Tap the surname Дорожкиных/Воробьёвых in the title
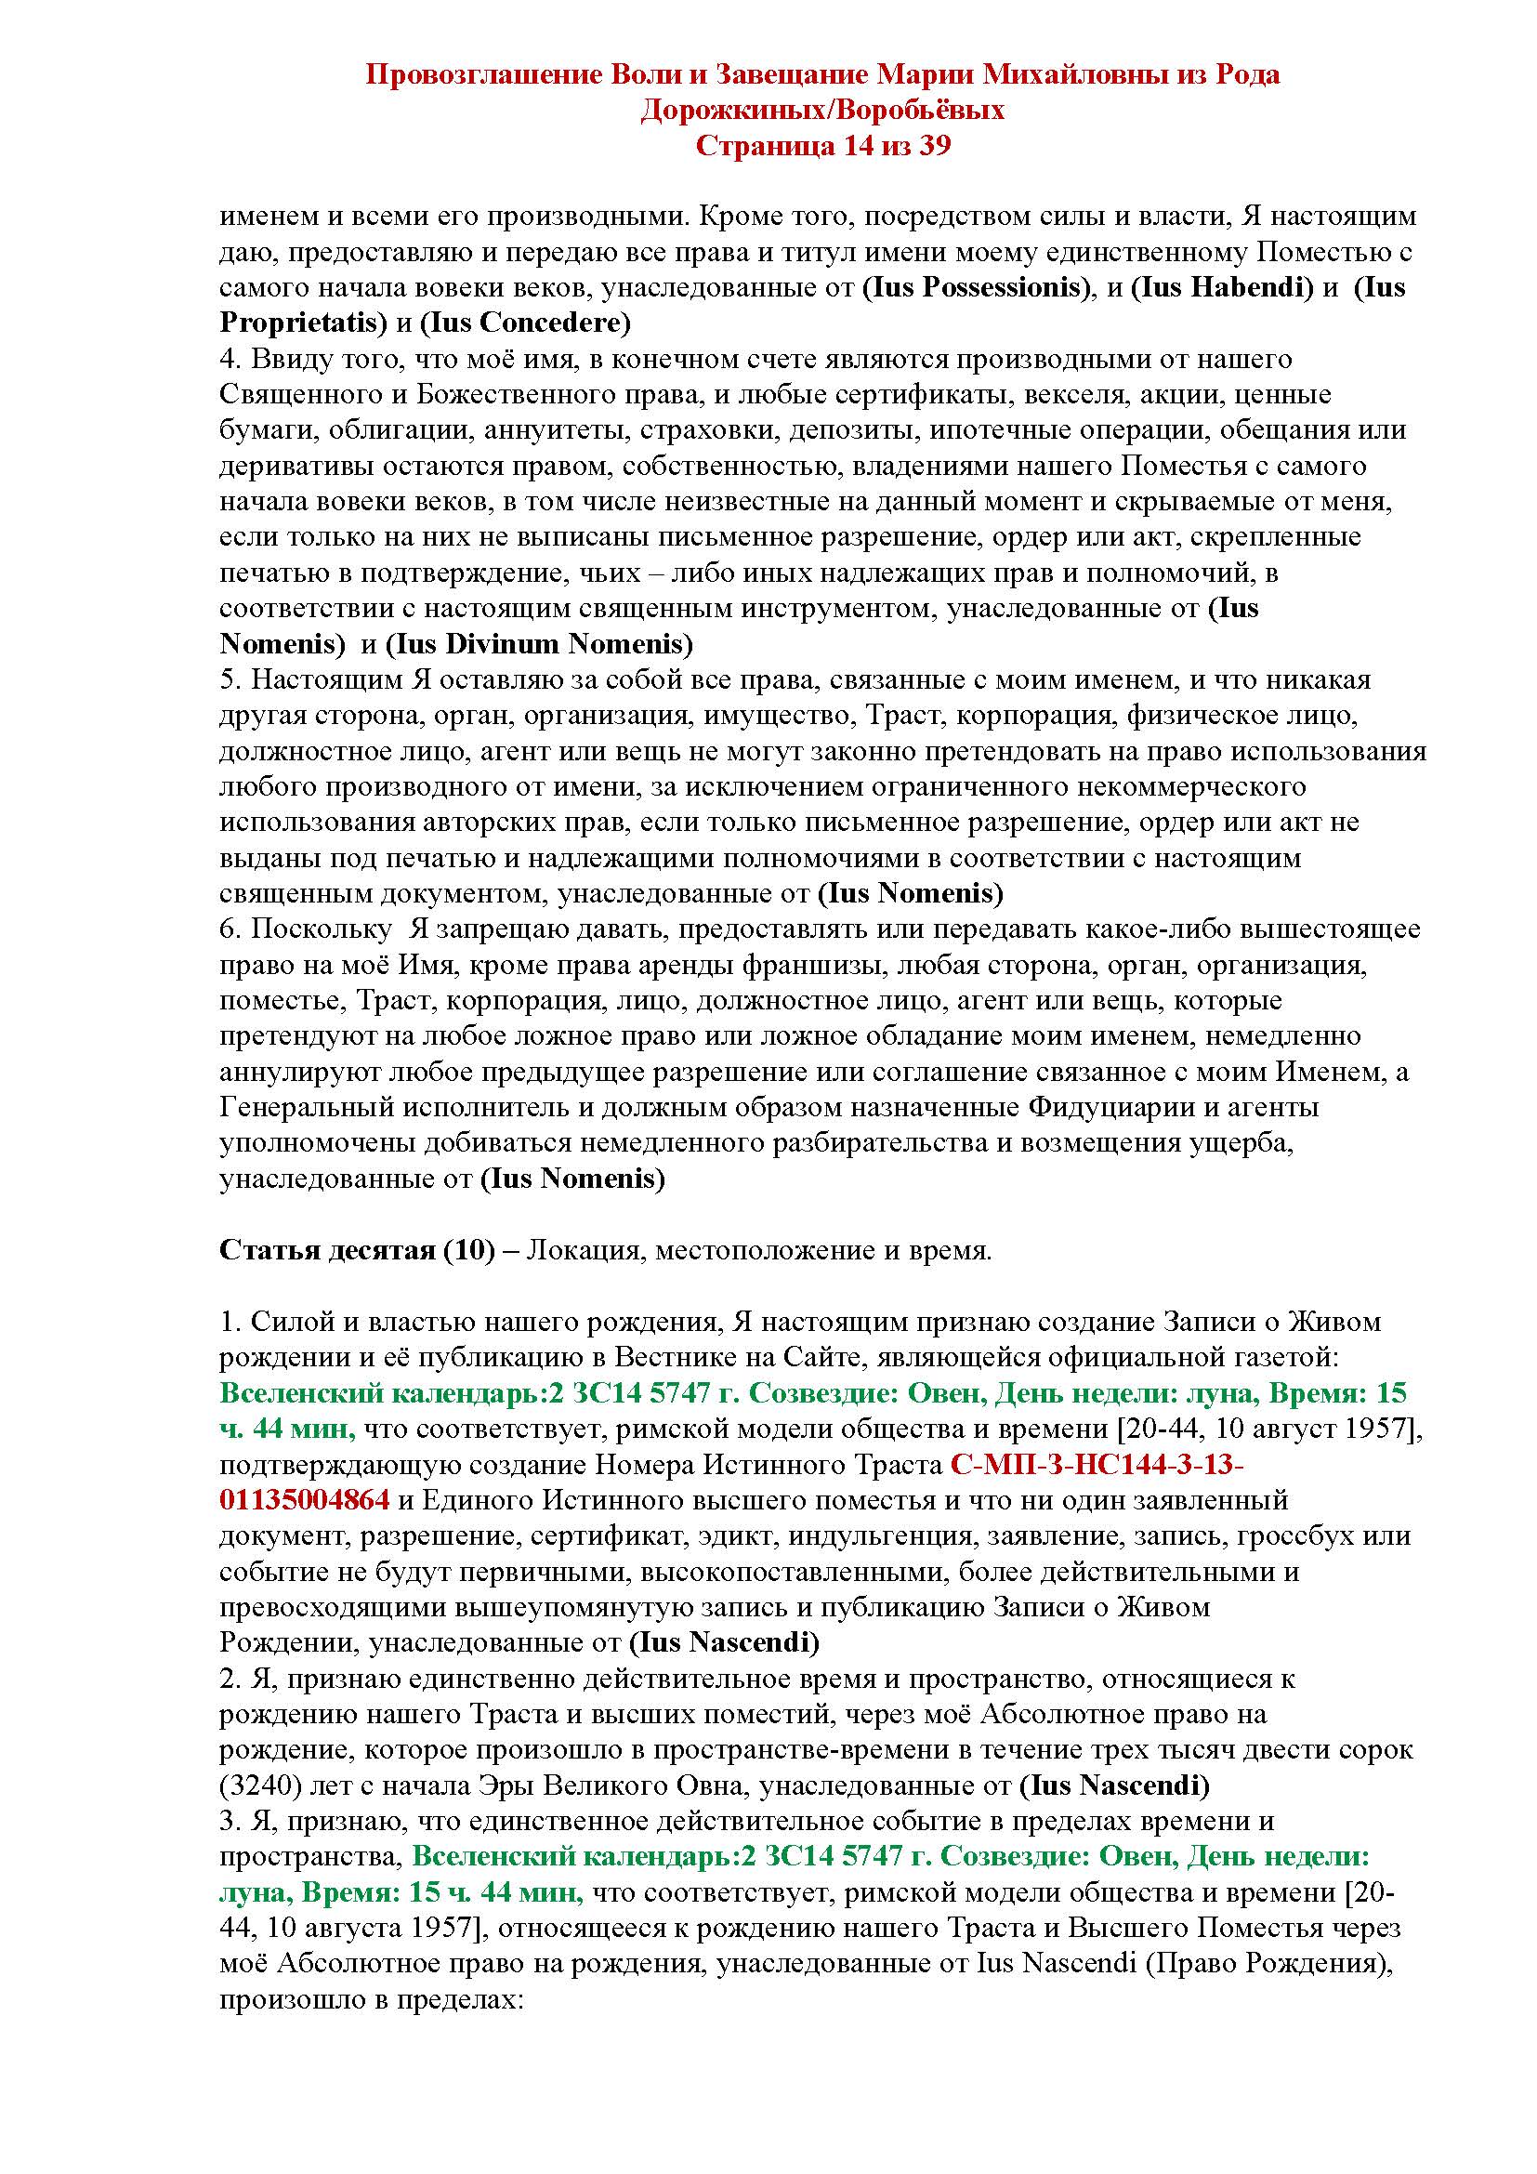click(822, 110)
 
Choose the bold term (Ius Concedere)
click(525, 323)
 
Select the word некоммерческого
click(1189, 787)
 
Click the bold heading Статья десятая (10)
click(358, 1251)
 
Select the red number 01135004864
click(305, 1500)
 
